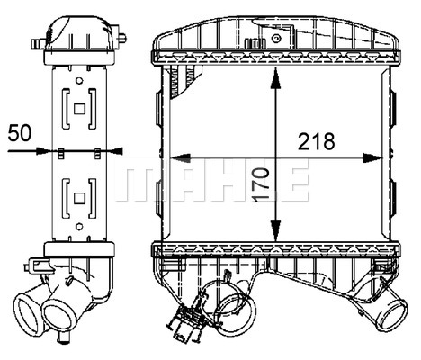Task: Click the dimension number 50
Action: click(x=20, y=133)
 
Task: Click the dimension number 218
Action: click(x=316, y=141)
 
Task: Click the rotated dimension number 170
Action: click(x=260, y=184)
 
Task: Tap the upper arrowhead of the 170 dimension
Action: click(x=275, y=78)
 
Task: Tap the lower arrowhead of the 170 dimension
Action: click(x=275, y=230)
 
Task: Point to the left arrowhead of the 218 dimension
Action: click(x=180, y=158)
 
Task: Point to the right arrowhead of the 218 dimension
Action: click(x=372, y=158)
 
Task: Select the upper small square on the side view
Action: click(x=79, y=109)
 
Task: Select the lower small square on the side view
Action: click(x=79, y=198)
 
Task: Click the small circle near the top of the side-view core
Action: click(x=79, y=81)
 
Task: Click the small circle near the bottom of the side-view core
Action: click(x=79, y=227)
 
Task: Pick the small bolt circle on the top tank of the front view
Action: click(x=276, y=38)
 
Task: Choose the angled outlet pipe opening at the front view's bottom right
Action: click(x=392, y=313)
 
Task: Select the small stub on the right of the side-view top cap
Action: click(x=121, y=38)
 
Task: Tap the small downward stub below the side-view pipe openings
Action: click(x=63, y=338)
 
